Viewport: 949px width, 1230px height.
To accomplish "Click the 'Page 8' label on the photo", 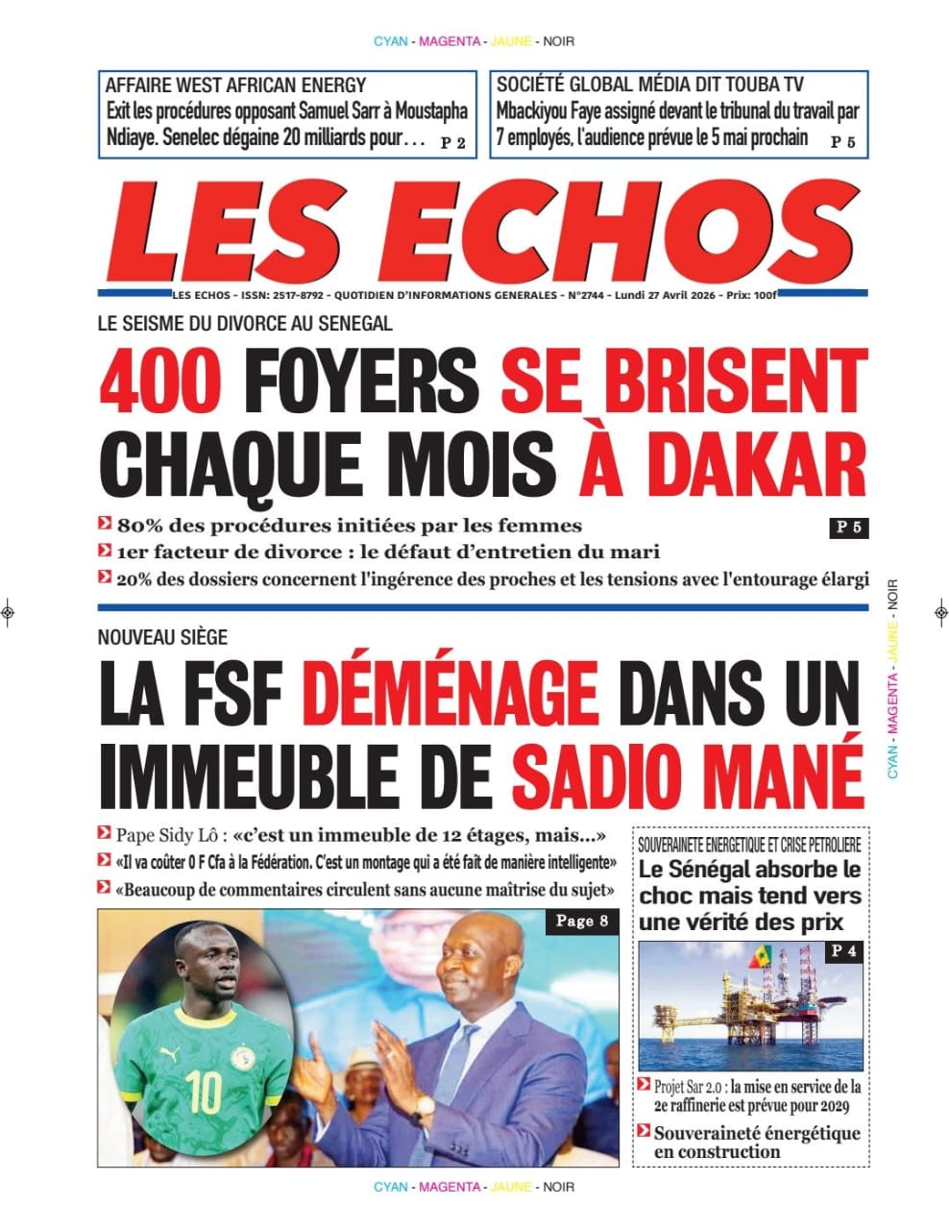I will pos(582,922).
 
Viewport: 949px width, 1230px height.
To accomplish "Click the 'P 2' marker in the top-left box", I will pos(452,143).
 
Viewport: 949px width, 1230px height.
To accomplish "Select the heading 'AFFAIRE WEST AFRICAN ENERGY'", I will pos(235,85).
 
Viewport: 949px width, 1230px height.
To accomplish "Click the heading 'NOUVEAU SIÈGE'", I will pos(162,637).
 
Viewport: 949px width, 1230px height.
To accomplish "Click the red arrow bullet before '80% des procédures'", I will pos(105,525).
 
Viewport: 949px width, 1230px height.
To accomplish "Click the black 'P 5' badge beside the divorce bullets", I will pos(849,527).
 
